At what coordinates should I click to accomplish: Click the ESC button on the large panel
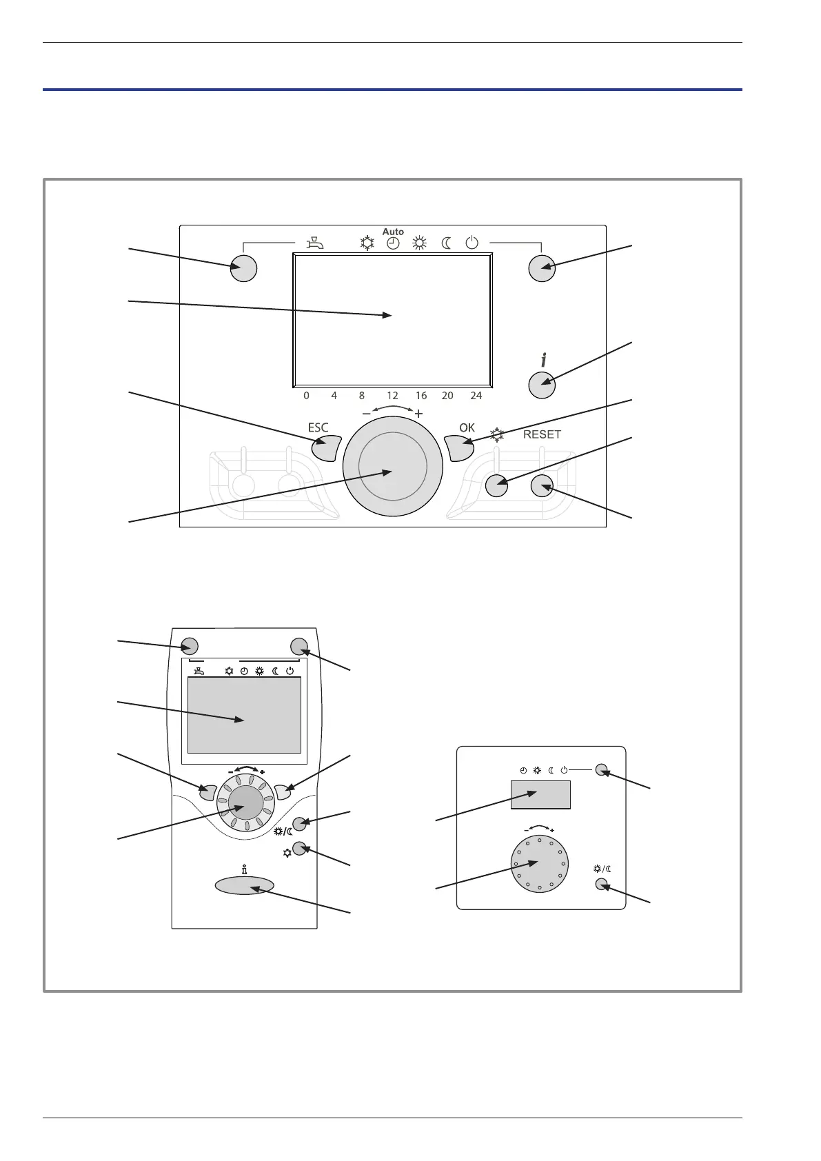click(326, 448)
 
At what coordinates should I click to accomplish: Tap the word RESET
click(542, 434)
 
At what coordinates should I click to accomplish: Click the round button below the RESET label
click(543, 486)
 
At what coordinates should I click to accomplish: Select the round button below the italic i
click(542, 385)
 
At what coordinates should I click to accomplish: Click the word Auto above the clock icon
click(393, 232)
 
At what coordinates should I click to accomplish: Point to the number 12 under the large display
click(392, 396)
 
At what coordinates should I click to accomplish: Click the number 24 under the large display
click(476, 396)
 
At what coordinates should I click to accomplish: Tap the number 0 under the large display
click(307, 396)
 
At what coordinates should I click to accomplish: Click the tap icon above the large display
click(314, 243)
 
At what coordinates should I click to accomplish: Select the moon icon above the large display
click(447, 243)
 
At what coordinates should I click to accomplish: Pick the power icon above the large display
click(472, 243)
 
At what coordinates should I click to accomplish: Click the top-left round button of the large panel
click(243, 268)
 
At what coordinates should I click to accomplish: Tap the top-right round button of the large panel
click(542, 268)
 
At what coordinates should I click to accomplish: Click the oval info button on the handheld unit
click(245, 885)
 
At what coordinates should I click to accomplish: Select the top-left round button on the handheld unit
click(190, 646)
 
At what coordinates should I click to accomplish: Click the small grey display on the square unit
click(540, 794)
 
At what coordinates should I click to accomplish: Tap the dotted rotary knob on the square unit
click(540, 864)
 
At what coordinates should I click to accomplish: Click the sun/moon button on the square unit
click(600, 884)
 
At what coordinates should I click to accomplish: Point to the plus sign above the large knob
click(418, 414)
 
